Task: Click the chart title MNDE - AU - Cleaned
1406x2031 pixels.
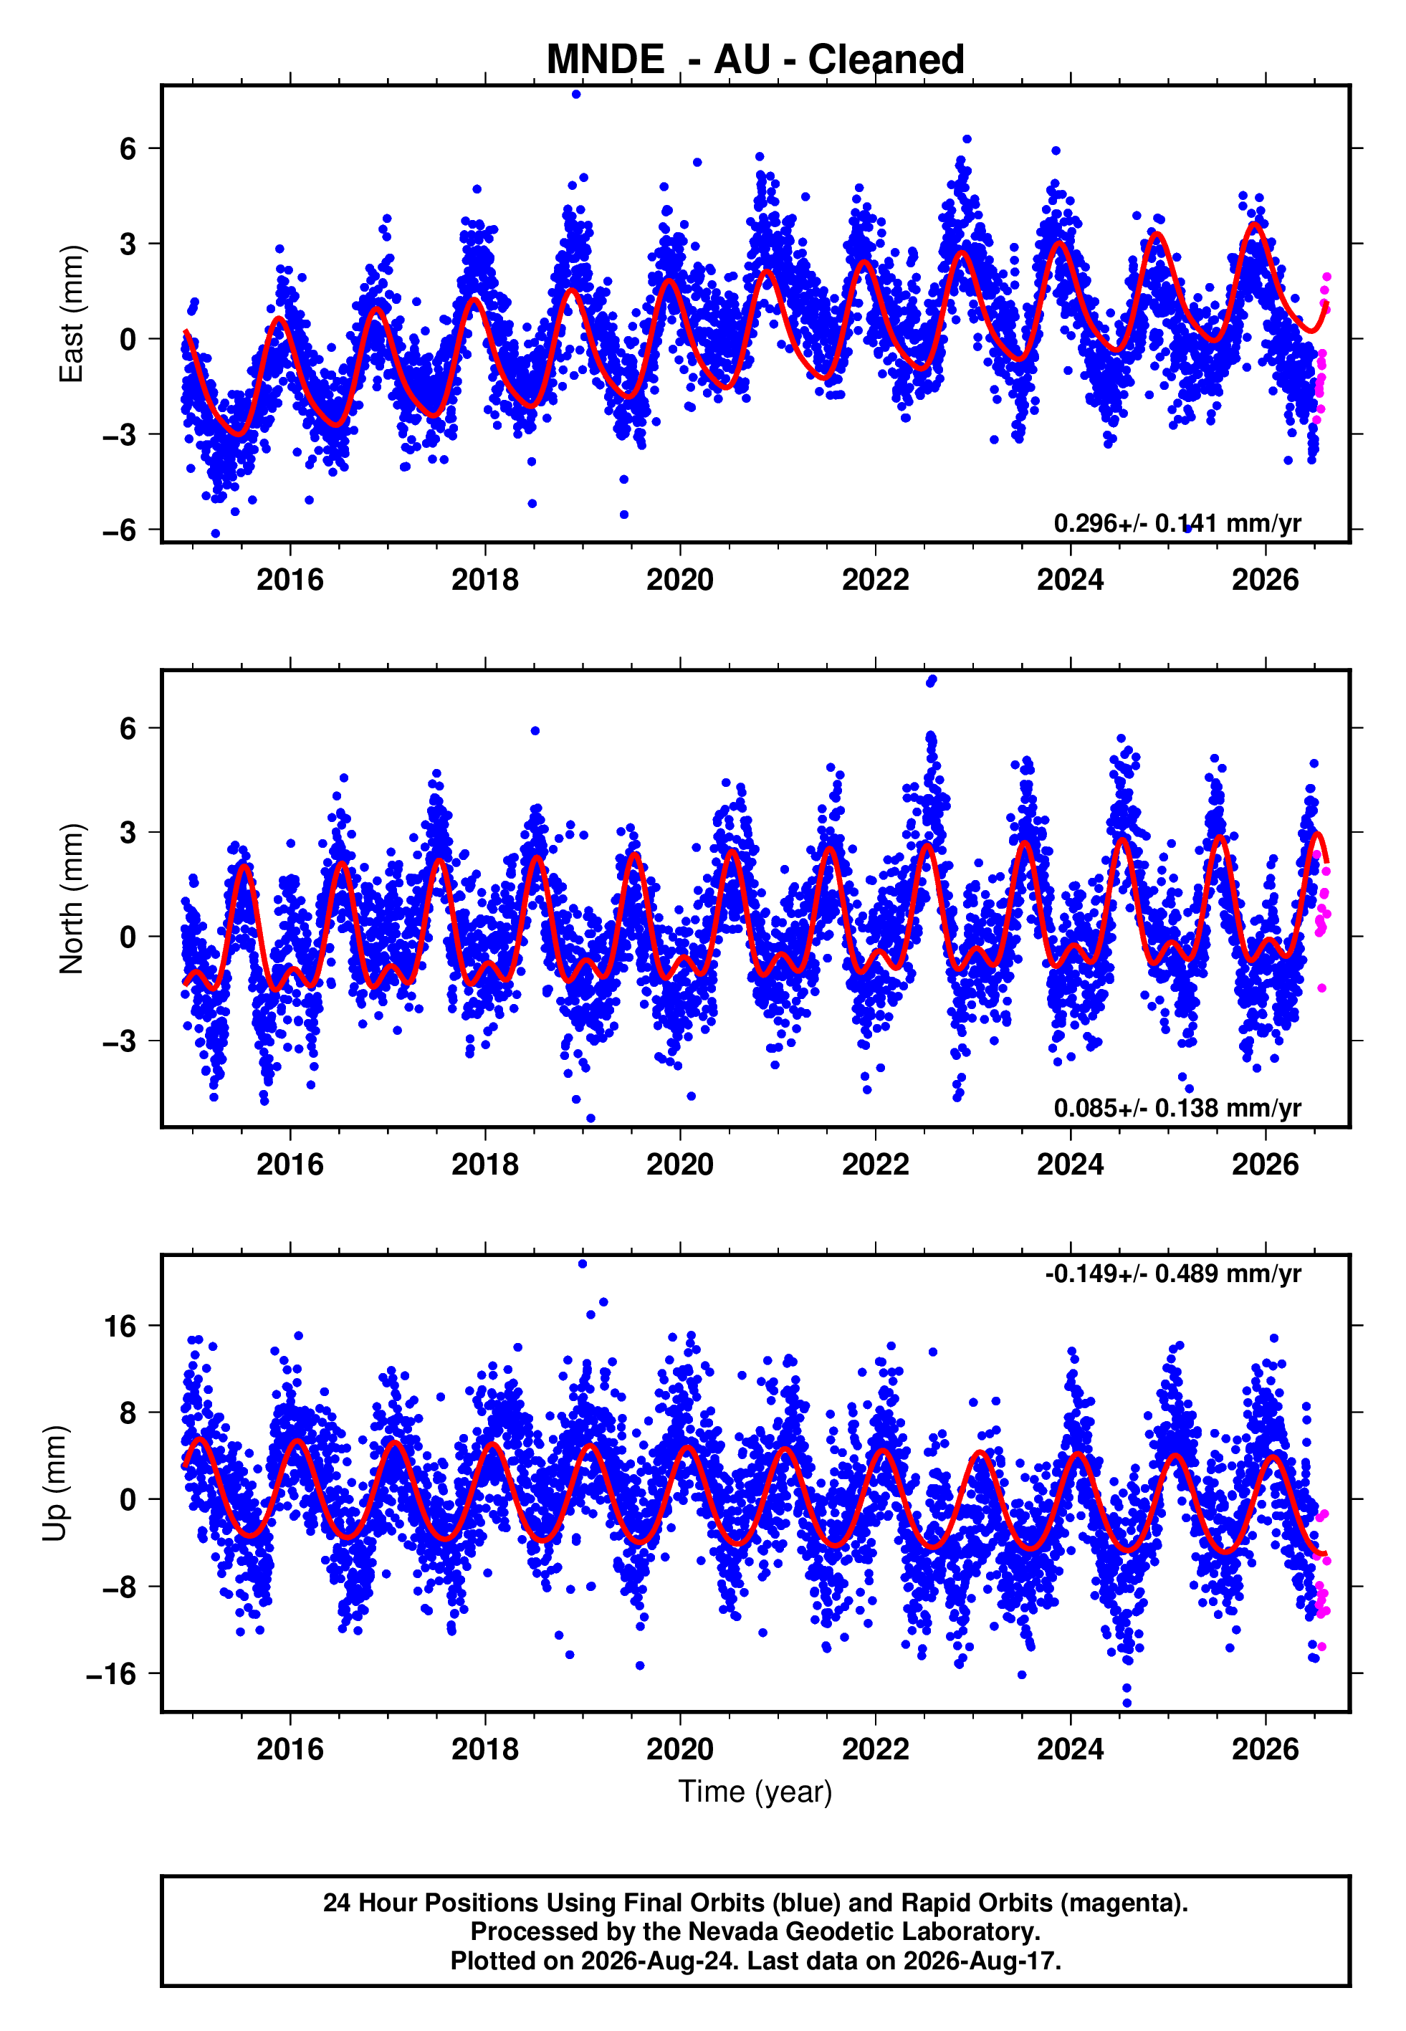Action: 755,60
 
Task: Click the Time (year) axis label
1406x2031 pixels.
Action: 755,1792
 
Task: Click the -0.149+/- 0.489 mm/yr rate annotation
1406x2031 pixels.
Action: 1172,1273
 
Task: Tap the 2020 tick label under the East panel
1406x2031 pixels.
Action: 680,580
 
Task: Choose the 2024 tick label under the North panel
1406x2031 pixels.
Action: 1071,1165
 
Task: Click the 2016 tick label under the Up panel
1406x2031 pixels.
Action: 290,1749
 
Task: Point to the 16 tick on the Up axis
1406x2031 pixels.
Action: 120,1326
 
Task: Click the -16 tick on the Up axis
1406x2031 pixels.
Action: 111,1673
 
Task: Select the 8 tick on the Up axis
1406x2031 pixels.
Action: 128,1413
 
